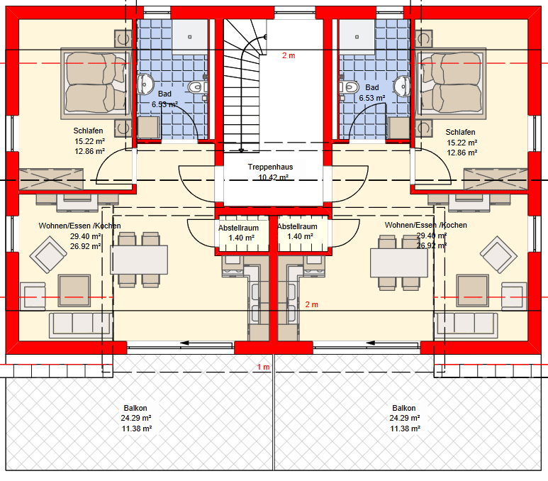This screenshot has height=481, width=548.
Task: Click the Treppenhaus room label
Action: pyautogui.click(x=271, y=167)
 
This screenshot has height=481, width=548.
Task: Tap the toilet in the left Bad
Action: pyautogui.click(x=198, y=87)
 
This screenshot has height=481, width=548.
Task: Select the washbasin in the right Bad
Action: pyautogui.click(x=401, y=86)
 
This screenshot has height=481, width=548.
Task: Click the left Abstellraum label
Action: pyautogui.click(x=238, y=228)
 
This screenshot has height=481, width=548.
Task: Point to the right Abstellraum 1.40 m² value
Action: pyautogui.click(x=300, y=236)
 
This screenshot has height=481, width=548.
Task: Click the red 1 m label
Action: pyautogui.click(x=264, y=367)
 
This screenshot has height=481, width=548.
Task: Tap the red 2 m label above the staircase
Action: pyautogui.click(x=289, y=55)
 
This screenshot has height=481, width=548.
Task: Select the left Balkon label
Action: pyautogui.click(x=135, y=408)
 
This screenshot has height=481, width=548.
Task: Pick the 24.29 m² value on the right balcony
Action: pyautogui.click(x=405, y=418)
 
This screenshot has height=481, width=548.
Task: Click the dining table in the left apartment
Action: pyautogui.click(x=139, y=259)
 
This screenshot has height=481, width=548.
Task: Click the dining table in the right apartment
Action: pyautogui.click(x=399, y=262)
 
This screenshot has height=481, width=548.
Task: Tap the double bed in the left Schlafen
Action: pyautogui.click(x=94, y=83)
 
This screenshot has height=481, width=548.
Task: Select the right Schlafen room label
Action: pyautogui.click(x=460, y=132)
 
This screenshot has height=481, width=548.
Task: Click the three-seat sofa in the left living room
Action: pyautogui.click(x=81, y=326)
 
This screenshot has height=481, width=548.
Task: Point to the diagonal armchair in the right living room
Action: pyautogui.click(x=498, y=255)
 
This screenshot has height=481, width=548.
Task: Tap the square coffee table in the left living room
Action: pyautogui.click(x=74, y=291)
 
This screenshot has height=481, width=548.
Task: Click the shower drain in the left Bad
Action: pyautogui.click(x=190, y=37)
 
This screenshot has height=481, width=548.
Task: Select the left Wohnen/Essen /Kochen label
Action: pyautogui.click(x=79, y=226)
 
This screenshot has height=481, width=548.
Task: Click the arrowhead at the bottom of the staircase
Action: pyautogui.click(x=241, y=150)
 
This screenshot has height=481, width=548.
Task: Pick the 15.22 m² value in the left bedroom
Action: pyautogui.click(x=90, y=141)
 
